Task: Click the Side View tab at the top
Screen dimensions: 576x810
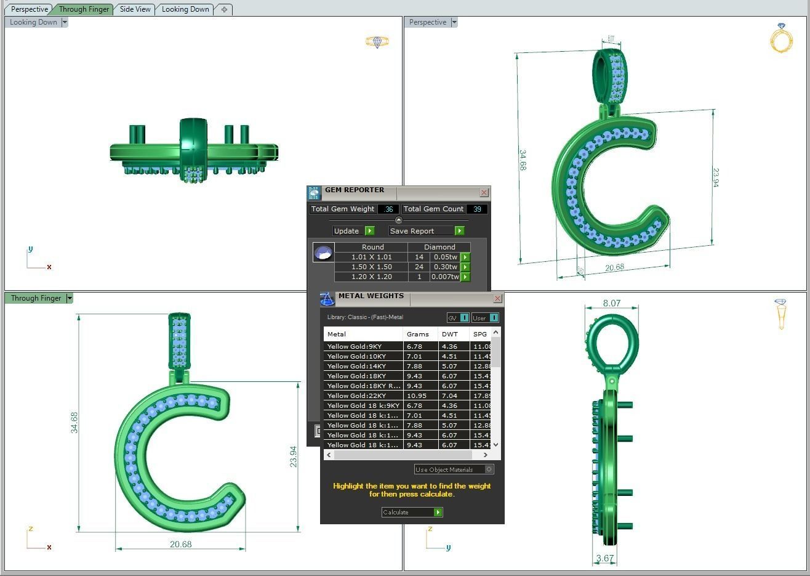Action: pos(135,9)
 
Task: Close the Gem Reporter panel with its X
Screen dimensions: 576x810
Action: pos(484,193)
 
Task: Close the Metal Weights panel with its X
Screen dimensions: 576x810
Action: pos(497,299)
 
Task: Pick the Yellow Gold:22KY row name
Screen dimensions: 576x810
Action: pos(357,395)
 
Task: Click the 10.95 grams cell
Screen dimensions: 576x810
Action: pos(417,395)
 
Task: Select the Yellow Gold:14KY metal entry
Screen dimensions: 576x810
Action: pos(357,366)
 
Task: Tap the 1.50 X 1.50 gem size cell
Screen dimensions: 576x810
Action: pos(371,267)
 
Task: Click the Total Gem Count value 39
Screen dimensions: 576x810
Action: pos(477,209)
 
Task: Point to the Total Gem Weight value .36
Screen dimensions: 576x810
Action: pos(388,209)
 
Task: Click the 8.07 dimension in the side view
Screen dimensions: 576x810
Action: pos(611,303)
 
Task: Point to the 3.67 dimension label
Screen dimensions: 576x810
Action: pos(605,559)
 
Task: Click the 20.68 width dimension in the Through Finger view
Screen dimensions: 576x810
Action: pos(180,544)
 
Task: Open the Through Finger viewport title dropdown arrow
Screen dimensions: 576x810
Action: pos(70,298)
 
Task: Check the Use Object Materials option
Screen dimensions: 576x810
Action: pos(489,469)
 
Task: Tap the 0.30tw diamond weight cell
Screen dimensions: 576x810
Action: pos(445,267)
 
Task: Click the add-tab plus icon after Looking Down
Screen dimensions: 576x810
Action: pos(224,9)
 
